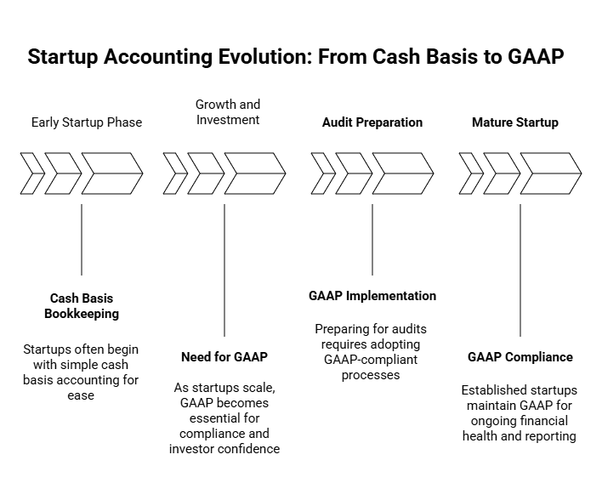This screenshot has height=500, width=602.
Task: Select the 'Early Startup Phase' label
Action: click(x=87, y=122)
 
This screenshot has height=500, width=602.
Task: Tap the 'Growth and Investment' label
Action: click(x=228, y=112)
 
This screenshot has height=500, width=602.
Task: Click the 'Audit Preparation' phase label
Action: click(x=372, y=122)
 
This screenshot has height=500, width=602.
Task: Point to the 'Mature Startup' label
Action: click(x=515, y=122)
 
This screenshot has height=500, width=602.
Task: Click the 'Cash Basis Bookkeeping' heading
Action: click(x=82, y=306)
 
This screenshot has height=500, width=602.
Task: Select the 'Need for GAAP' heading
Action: click(x=224, y=356)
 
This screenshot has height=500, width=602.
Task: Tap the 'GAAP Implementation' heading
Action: click(x=372, y=296)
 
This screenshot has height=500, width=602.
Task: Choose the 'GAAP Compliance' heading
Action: click(x=520, y=356)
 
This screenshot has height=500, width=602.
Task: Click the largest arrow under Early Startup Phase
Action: click(x=112, y=173)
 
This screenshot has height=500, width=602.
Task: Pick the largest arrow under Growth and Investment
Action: click(x=255, y=173)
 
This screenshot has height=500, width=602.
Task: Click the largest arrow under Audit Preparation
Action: click(x=403, y=173)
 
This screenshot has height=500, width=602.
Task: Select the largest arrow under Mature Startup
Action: click(x=551, y=173)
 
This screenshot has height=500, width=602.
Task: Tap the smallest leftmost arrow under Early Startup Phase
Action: click(x=31, y=173)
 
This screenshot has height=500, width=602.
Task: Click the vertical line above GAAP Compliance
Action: click(x=520, y=270)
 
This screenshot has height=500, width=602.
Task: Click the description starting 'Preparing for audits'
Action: click(x=371, y=351)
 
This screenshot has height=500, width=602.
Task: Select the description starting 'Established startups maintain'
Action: click(x=520, y=413)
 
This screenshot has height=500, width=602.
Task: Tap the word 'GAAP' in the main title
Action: click(x=536, y=57)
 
